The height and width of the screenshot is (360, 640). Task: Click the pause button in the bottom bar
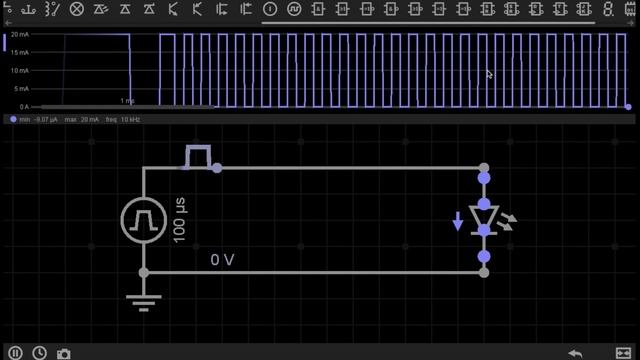point(16,352)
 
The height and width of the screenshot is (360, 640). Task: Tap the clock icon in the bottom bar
point(39,352)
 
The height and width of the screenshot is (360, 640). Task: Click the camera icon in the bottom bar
point(64,352)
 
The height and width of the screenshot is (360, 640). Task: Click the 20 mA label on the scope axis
point(19,36)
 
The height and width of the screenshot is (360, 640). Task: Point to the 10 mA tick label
point(19,71)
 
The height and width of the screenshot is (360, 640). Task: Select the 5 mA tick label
point(21,89)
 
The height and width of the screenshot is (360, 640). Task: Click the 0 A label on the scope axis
point(23,106)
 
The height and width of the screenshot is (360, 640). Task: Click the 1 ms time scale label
point(127,101)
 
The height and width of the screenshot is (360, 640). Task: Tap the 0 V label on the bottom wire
point(222,260)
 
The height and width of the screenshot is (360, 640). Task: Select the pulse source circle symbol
point(144,219)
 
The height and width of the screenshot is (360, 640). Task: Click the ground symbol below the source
point(144,301)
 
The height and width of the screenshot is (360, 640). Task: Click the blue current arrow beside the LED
point(458,221)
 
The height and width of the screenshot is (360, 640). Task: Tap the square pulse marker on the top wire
point(199,156)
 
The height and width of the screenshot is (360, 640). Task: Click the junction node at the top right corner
point(484,168)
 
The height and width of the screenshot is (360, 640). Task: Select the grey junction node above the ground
point(144,272)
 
